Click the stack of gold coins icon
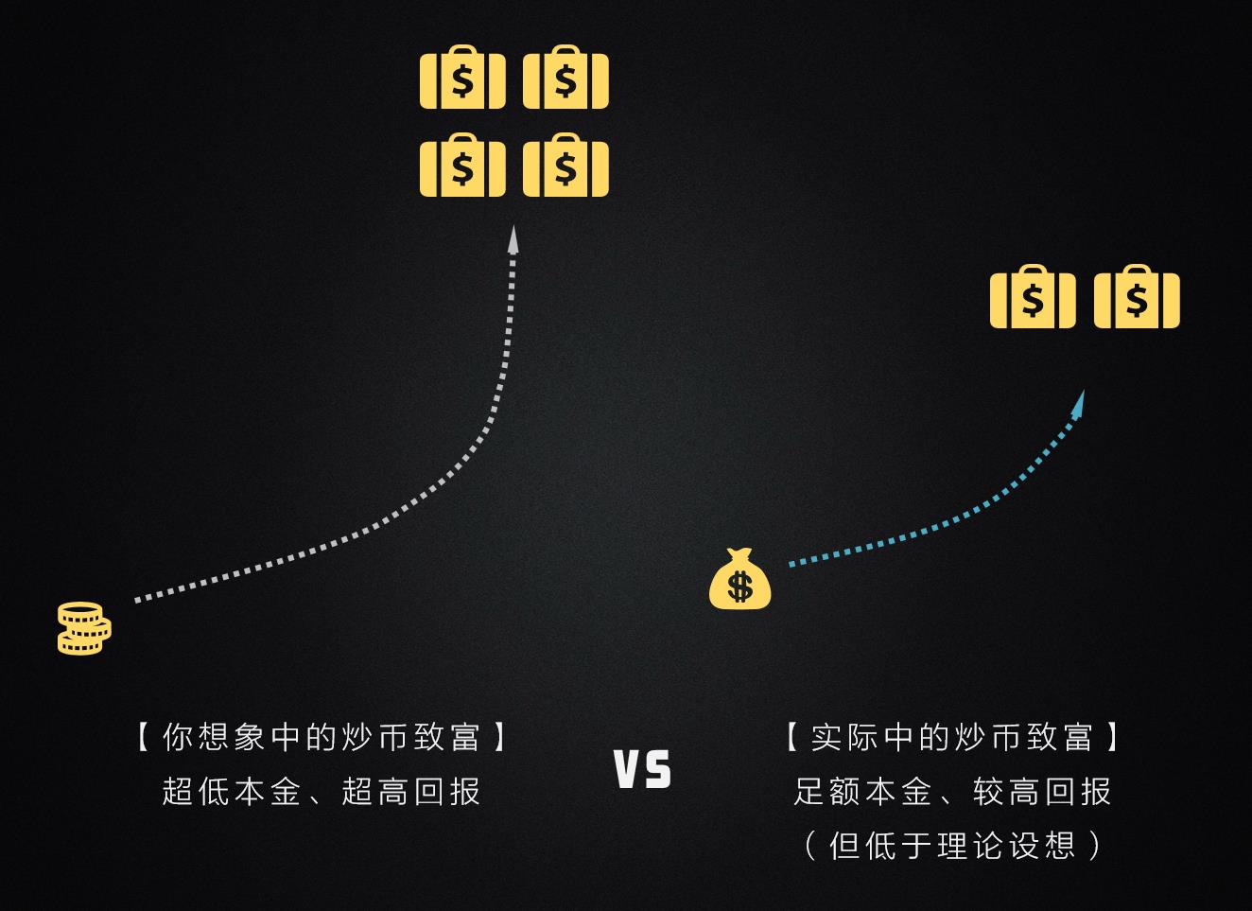click(x=84, y=628)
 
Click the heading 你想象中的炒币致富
click(x=322, y=737)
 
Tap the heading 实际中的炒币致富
click(x=951, y=737)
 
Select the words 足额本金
click(x=862, y=791)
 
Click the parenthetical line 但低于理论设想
click(x=952, y=845)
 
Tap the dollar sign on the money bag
click(x=740, y=587)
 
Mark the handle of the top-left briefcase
click(x=462, y=50)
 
